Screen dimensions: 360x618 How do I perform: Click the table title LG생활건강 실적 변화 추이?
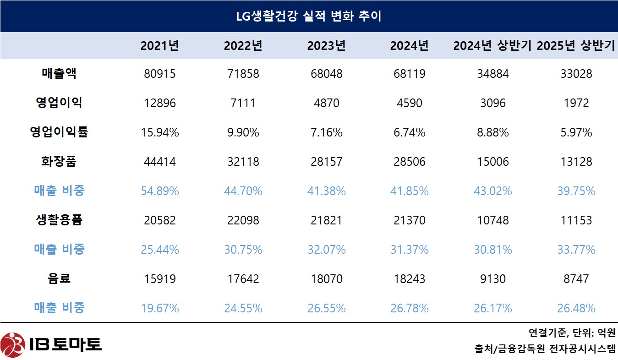[309, 16]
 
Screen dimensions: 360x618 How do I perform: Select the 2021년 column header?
[159, 46]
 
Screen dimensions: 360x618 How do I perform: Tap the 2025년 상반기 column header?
[575, 46]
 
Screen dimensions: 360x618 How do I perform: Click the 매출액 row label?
[59, 74]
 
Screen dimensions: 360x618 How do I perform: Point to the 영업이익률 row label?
[59, 132]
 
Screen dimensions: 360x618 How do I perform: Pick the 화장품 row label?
[59, 162]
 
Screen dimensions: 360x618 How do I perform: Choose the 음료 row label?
[59, 278]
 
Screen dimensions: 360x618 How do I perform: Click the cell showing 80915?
[159, 74]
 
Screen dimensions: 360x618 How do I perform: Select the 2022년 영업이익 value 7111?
[243, 103]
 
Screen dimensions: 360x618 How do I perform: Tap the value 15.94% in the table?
[159, 132]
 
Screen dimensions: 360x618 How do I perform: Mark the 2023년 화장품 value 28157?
[326, 162]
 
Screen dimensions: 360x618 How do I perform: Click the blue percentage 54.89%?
[159, 191]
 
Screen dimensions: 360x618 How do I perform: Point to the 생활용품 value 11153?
[576, 220]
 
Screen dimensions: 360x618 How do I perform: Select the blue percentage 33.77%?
[576, 250]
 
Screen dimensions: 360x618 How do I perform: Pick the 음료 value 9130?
[493, 278]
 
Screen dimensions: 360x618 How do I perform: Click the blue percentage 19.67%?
[159, 308]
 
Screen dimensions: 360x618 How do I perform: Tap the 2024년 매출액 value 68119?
[409, 74]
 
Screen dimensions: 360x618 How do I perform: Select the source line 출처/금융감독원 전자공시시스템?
[545, 349]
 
